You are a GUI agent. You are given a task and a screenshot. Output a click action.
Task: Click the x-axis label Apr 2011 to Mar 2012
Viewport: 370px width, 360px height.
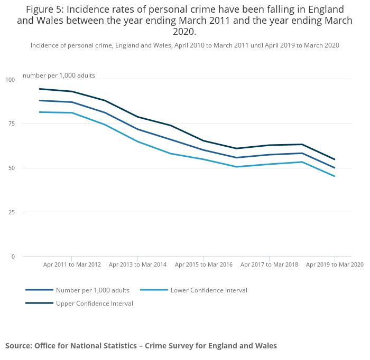[x=72, y=264]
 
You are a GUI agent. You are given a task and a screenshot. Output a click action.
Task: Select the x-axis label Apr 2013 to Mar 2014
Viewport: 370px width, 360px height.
[x=137, y=264]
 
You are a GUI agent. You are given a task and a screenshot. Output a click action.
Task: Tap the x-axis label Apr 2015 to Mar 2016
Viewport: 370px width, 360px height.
[x=203, y=264]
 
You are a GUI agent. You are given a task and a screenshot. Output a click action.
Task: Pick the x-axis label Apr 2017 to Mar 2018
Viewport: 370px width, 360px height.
[x=269, y=264]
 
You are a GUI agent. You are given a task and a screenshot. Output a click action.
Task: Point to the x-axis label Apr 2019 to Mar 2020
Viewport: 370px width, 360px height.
[x=335, y=264]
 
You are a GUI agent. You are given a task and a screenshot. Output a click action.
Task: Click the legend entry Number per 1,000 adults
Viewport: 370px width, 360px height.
[x=92, y=290]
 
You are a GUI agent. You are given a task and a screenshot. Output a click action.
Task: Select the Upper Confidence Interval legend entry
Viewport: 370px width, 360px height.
[x=94, y=304]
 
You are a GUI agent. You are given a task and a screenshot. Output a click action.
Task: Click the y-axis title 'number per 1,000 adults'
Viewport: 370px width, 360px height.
[x=59, y=75]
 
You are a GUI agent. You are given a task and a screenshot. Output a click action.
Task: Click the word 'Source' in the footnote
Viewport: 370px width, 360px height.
[x=18, y=346]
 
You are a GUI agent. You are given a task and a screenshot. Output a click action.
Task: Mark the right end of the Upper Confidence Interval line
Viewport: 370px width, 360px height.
[x=335, y=159]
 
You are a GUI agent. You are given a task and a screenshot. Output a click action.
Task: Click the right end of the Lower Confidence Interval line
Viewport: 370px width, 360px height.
[x=335, y=176]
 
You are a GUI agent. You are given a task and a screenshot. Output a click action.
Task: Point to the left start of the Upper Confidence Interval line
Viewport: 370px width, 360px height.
[x=40, y=89]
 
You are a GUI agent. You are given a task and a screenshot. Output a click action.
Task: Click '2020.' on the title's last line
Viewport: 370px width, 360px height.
[x=184, y=32]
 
